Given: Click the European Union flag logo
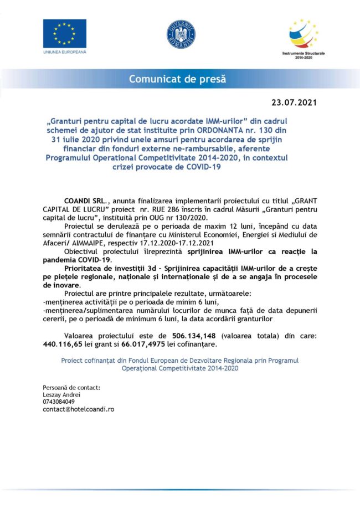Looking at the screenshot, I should [x=64, y=33].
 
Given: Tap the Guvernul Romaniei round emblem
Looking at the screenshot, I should [x=181, y=34].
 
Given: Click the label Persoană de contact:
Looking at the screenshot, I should [x=71, y=387].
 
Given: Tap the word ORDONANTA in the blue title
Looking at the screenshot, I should [x=242, y=130].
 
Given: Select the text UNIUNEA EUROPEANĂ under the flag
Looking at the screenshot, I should [x=64, y=52].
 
